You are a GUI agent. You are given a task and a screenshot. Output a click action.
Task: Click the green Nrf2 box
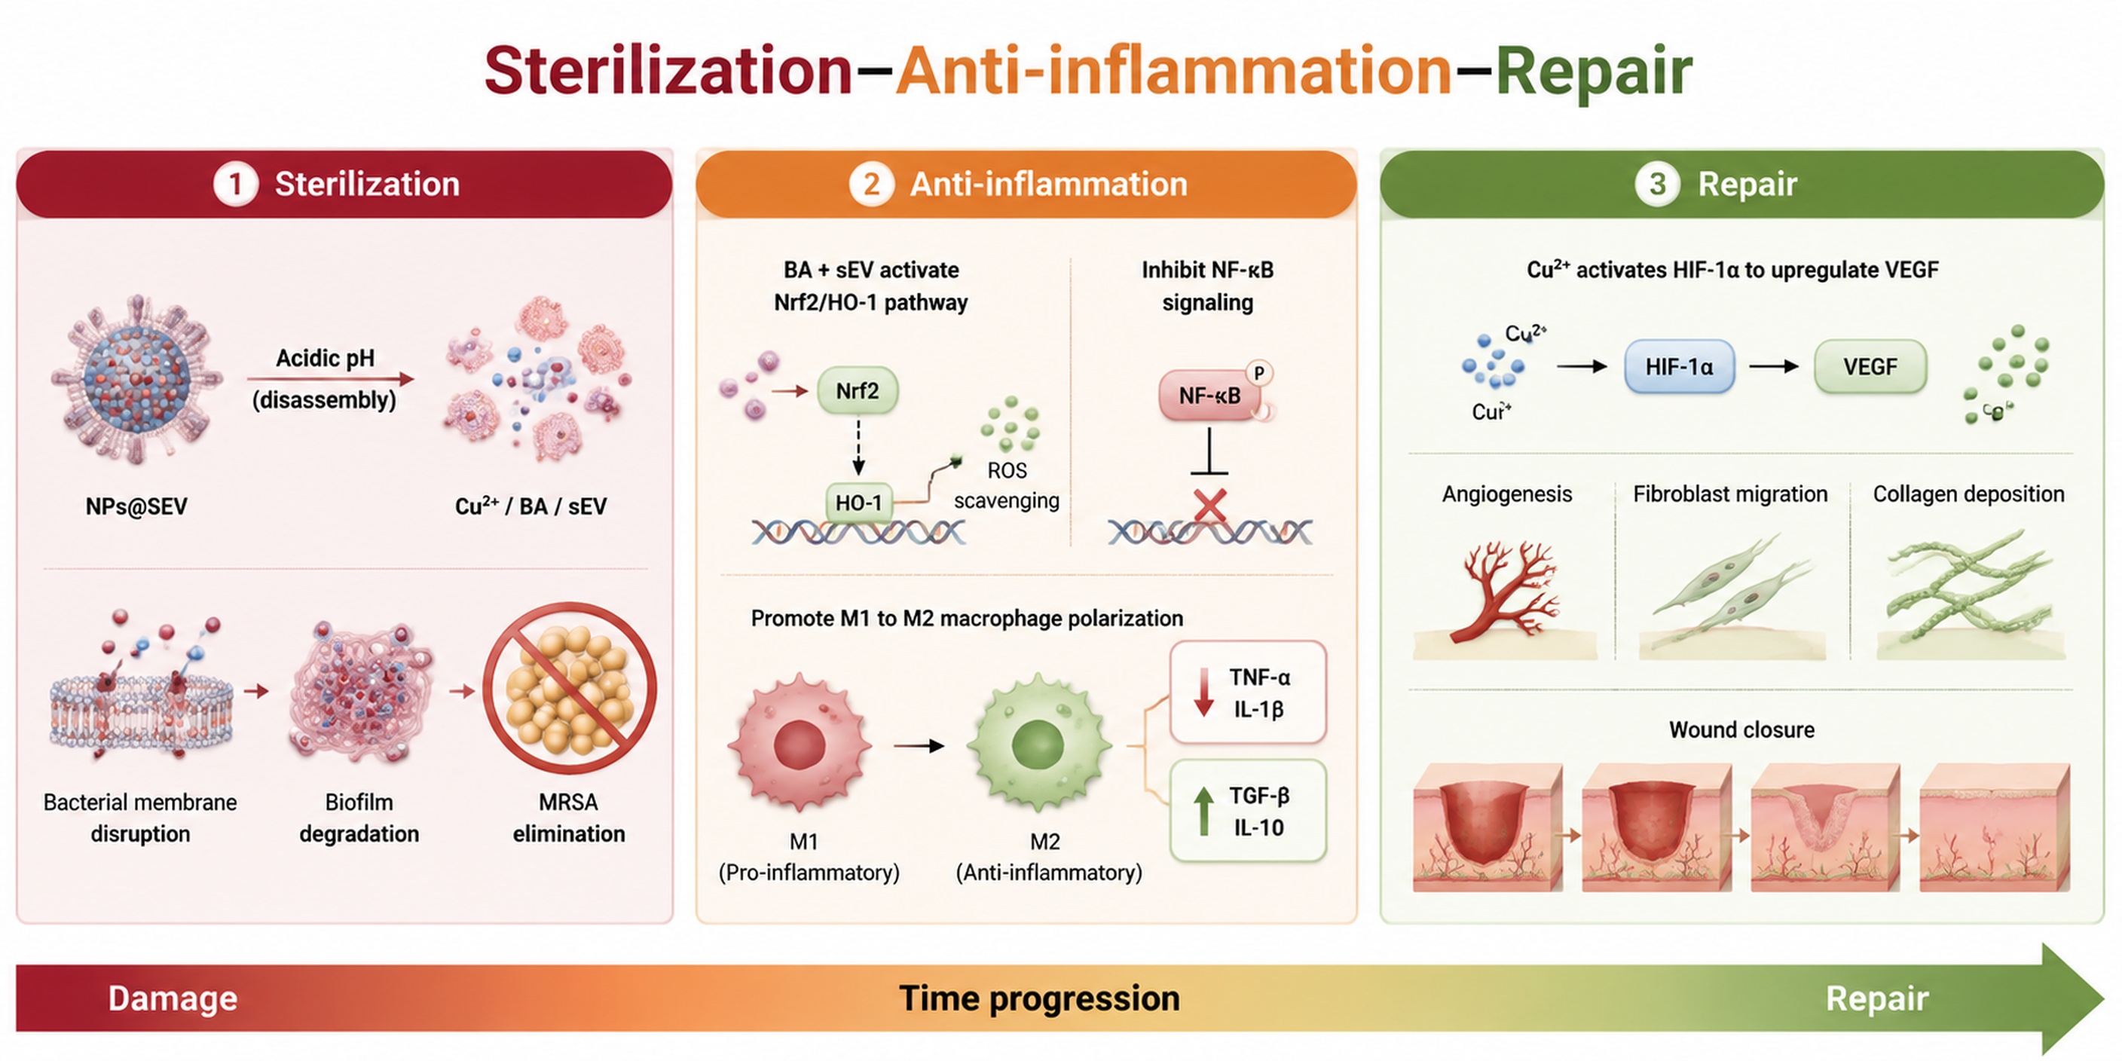tap(858, 390)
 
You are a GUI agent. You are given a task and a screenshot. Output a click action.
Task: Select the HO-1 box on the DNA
tap(858, 503)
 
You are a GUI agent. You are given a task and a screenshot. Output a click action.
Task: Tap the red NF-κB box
tap(1209, 396)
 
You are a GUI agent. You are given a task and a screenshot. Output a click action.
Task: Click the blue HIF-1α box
tap(1679, 366)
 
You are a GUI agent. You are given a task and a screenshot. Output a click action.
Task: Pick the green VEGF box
tap(1870, 366)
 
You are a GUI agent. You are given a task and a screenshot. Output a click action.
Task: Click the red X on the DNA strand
tap(1209, 506)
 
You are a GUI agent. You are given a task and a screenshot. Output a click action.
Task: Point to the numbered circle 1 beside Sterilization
tap(236, 184)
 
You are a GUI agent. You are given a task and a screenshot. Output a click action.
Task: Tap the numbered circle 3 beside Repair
tap(1657, 184)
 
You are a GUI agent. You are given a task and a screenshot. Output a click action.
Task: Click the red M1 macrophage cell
tap(799, 744)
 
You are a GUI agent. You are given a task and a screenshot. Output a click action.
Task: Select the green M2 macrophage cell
tap(1038, 744)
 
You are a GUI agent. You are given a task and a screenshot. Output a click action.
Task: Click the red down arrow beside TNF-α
tap(1203, 691)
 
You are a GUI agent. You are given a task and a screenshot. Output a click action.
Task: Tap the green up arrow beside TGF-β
tap(1203, 811)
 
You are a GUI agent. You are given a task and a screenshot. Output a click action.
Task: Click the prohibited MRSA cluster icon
tap(569, 689)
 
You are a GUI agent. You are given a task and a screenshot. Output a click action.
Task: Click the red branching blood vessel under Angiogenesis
tap(1506, 590)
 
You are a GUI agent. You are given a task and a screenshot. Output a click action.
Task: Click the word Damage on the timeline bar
tap(173, 998)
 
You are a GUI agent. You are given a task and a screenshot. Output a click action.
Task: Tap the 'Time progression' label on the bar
tap(1040, 998)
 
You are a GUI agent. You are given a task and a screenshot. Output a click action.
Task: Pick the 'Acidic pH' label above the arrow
tap(326, 359)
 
